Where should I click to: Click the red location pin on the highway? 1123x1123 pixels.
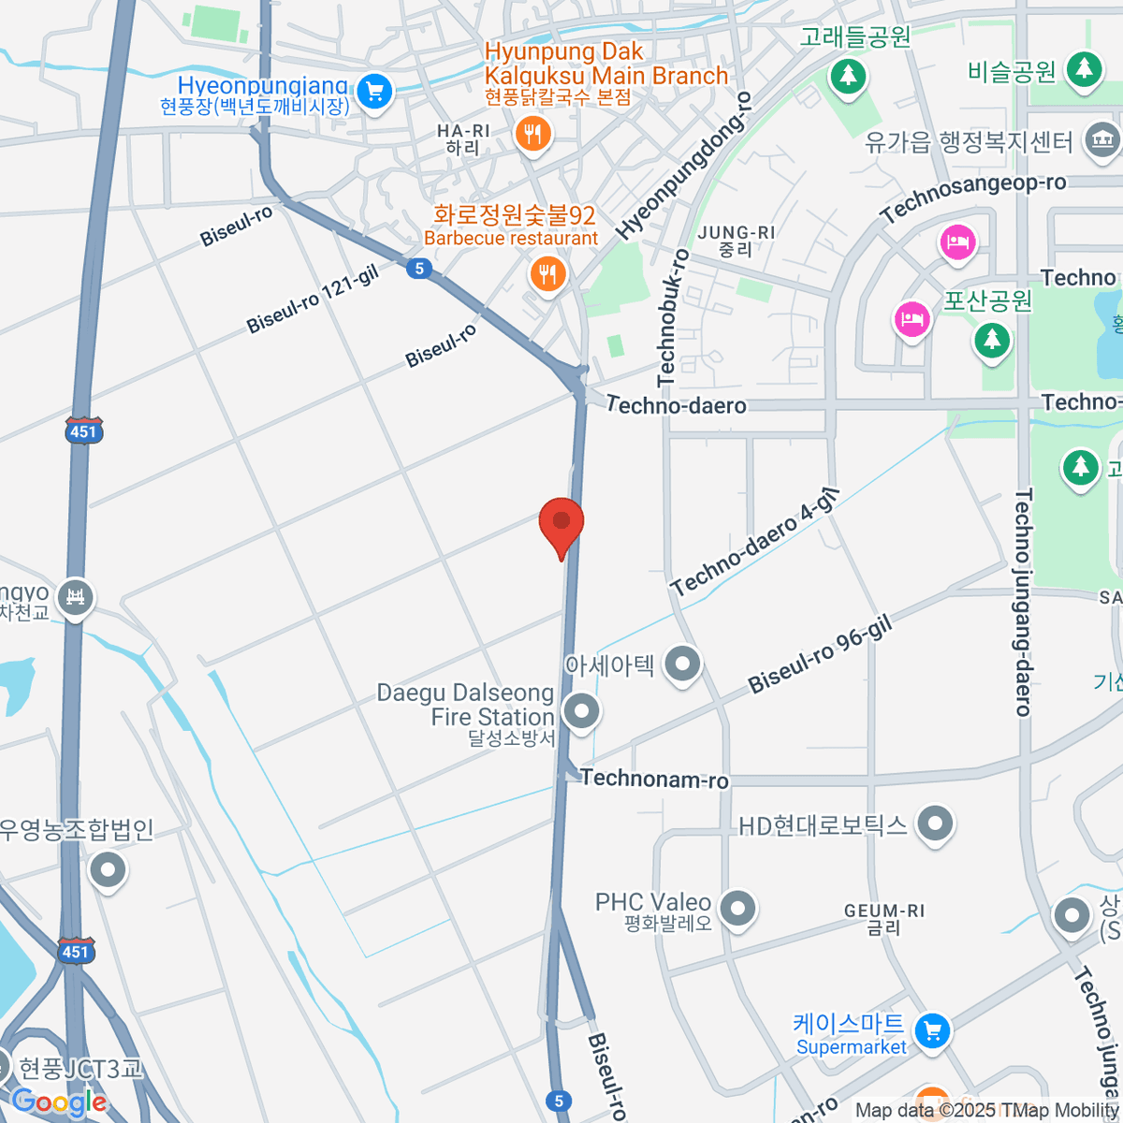561,524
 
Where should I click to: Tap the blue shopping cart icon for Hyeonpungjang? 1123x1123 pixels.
375,92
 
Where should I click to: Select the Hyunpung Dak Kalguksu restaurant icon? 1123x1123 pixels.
532,133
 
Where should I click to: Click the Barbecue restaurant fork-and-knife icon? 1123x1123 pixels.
547,274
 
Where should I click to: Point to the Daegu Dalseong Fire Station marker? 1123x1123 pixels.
582,711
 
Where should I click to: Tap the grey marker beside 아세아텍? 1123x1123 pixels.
682,664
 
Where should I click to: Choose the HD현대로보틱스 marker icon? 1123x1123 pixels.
934,824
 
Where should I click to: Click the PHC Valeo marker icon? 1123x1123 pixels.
738,908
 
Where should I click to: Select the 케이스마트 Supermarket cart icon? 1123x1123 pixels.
931,1031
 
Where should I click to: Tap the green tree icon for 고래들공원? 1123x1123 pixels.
848,75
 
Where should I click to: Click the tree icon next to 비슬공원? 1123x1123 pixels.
1084,68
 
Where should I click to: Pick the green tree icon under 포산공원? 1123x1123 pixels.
992,339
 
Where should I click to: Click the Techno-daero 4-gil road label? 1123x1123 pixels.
754,543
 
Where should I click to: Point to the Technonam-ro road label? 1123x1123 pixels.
654,779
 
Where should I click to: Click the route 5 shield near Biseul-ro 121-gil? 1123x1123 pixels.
419,269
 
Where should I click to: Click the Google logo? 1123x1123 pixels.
58,1102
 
